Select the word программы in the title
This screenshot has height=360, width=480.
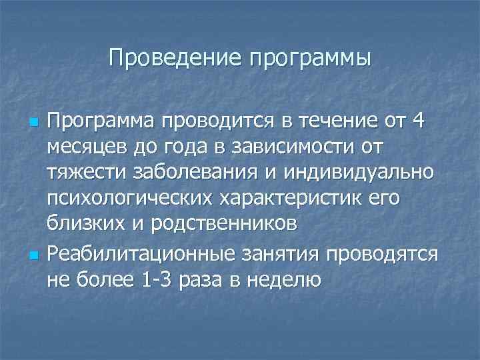point(309,59)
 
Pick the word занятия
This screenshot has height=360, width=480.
point(289,253)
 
